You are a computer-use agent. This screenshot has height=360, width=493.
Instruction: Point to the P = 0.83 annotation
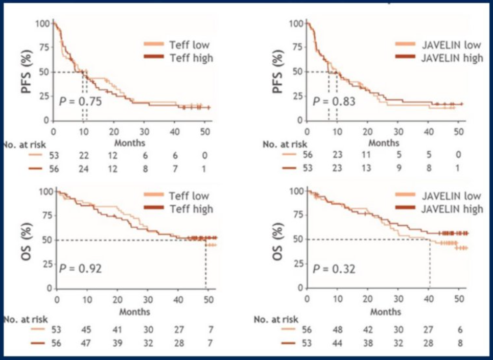click(334, 101)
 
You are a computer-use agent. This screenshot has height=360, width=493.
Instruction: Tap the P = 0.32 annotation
click(334, 268)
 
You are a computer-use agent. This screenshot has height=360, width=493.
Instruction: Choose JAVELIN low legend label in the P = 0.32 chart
click(451, 196)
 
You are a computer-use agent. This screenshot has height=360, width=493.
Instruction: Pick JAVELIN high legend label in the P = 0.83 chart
click(452, 58)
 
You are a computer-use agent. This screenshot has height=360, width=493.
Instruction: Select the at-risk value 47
click(88, 343)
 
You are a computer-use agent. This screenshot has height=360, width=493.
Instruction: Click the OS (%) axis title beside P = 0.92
click(29, 239)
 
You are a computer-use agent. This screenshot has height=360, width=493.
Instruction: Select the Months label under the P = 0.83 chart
click(384, 143)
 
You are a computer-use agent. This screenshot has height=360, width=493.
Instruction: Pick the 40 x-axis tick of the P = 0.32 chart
click(428, 298)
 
